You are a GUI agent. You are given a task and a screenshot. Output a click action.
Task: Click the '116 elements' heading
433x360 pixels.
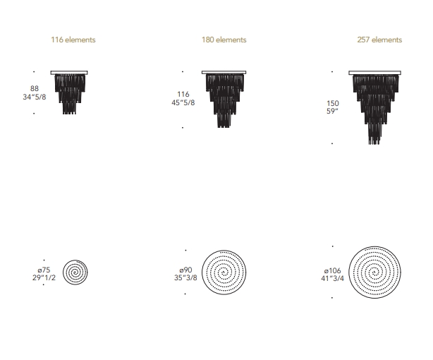(x=73, y=40)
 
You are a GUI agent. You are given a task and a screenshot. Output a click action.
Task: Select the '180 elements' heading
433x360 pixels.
(x=224, y=40)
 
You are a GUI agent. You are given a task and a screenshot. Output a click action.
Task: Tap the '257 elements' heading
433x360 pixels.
(x=379, y=40)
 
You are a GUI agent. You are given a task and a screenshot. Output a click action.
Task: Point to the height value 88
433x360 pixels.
(x=35, y=88)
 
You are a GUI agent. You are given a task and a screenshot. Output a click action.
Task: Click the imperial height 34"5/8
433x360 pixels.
(x=35, y=97)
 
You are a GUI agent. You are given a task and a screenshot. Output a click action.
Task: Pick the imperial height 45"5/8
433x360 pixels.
(x=183, y=102)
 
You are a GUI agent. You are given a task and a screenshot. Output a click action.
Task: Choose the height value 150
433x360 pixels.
(x=332, y=103)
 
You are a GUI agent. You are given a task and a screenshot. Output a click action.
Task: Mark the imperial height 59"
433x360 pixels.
(x=332, y=111)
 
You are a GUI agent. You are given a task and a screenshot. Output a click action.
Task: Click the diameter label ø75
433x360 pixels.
(x=44, y=270)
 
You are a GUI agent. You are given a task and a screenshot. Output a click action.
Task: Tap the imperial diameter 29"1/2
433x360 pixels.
(x=44, y=277)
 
